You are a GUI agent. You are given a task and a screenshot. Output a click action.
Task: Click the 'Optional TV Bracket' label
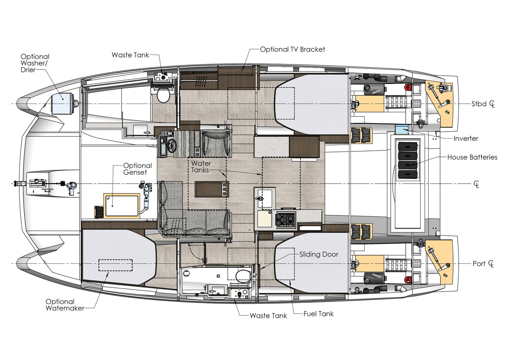coord(292,49)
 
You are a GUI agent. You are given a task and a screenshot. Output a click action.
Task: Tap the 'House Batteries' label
coord(472,157)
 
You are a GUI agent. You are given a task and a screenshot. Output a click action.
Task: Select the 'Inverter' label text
coord(466,138)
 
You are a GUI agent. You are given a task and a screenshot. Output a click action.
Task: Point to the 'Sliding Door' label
coord(319,254)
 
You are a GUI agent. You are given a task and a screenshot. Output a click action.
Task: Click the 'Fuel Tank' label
coord(319,314)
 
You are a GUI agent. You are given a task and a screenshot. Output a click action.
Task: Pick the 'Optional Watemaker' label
coord(65,305)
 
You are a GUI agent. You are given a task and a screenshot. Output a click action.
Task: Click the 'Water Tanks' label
coord(201,167)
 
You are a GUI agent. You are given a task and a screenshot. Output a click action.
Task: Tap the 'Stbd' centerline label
coord(479,104)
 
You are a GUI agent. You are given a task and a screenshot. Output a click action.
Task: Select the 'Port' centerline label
coord(479,264)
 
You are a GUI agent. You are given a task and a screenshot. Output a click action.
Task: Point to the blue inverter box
coord(402,129)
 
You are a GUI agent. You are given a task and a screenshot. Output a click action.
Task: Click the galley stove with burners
coord(285,219)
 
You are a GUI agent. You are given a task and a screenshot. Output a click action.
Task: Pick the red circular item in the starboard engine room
coord(408,87)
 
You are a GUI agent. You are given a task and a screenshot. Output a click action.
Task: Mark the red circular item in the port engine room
coord(408,279)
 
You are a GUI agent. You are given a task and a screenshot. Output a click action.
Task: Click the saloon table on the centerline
coord(212,189)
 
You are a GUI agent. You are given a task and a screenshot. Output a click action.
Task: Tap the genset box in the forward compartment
coord(121,205)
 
